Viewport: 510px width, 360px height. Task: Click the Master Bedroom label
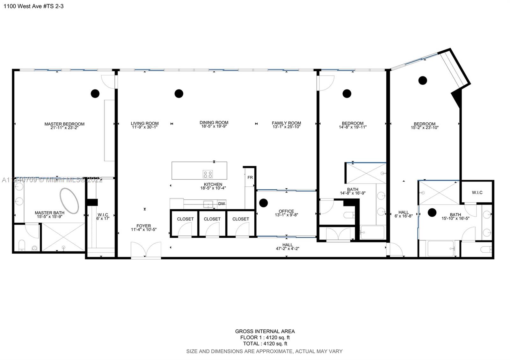click(x=64, y=124)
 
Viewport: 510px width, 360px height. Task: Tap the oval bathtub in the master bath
click(x=69, y=201)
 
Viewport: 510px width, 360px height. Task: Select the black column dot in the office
click(x=263, y=203)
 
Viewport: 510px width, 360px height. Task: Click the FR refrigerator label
click(x=250, y=177)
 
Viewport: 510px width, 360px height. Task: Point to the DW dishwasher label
click(x=222, y=204)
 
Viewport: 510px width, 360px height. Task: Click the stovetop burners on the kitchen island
click(x=208, y=174)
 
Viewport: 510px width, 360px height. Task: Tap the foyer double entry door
click(x=146, y=250)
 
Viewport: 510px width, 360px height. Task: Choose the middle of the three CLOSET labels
click(x=212, y=219)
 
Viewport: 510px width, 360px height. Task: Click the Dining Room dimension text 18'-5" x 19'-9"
click(x=214, y=126)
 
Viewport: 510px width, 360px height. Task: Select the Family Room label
click(x=286, y=123)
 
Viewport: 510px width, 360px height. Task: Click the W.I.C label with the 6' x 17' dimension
click(x=103, y=217)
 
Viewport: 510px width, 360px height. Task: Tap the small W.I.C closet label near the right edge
click(x=477, y=192)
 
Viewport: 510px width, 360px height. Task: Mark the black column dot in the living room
click(x=179, y=93)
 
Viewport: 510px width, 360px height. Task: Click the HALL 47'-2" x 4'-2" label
click(x=288, y=247)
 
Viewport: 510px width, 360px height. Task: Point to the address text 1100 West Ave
click(x=33, y=6)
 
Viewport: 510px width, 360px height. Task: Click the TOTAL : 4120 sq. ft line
click(x=265, y=344)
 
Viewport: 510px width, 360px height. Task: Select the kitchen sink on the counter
click(x=208, y=204)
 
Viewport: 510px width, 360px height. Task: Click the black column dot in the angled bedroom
click(x=423, y=80)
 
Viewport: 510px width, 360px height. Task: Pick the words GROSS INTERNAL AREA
click(x=265, y=331)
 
